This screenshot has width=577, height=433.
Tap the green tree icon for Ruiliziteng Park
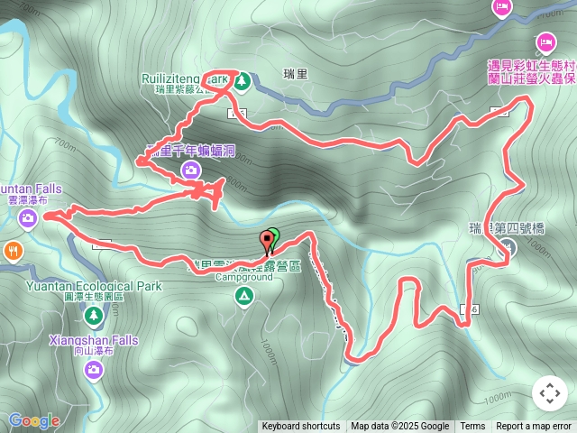click(242, 81)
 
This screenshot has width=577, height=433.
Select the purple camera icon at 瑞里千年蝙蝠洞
click(190, 169)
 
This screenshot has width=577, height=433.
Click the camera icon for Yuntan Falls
click(28, 218)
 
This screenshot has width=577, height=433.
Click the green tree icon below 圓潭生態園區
click(93, 315)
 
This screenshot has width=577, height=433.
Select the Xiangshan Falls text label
click(94, 340)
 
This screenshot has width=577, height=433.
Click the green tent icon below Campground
click(243, 296)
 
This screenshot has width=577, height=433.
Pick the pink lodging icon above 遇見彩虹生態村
click(545, 41)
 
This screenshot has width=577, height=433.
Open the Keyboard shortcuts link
click(300, 426)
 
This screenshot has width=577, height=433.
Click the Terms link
click(472, 426)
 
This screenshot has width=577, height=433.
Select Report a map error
click(534, 426)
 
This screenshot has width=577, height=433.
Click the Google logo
click(34, 420)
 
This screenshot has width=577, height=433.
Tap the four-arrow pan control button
click(550, 393)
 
